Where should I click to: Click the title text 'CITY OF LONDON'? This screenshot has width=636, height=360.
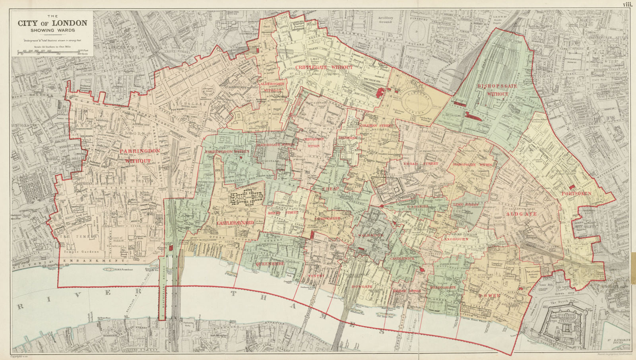[52, 23]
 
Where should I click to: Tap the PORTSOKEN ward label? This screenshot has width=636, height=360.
[576, 194]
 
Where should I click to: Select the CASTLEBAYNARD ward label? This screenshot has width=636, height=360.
[235, 223]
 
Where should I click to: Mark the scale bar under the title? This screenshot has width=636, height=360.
[52, 52]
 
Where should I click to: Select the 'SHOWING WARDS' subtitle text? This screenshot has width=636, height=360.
[52, 30]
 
